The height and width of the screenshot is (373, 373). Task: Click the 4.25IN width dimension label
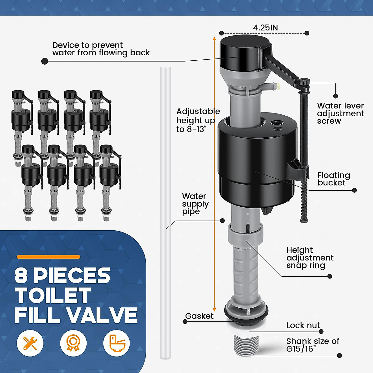(265, 28)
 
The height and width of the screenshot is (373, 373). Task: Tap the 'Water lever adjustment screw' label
(340, 113)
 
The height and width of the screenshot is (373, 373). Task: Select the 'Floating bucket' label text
(334, 179)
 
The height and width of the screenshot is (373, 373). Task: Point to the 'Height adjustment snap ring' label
(310, 258)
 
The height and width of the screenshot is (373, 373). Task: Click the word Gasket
(199, 316)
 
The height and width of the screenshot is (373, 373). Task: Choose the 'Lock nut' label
(303, 325)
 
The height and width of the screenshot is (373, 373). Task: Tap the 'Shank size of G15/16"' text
(312, 345)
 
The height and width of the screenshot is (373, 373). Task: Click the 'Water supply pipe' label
(195, 204)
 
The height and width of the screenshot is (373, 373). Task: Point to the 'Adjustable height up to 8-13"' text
(198, 120)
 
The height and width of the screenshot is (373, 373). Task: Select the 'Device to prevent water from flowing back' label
(101, 49)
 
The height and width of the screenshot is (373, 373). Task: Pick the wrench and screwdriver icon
(30, 343)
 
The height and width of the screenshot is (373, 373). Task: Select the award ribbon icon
(73, 343)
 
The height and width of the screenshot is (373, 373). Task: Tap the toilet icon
(117, 343)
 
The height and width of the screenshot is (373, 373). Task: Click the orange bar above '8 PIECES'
(48, 257)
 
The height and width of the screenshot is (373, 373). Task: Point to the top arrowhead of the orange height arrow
(214, 39)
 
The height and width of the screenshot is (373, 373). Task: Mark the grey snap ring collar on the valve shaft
(243, 235)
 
